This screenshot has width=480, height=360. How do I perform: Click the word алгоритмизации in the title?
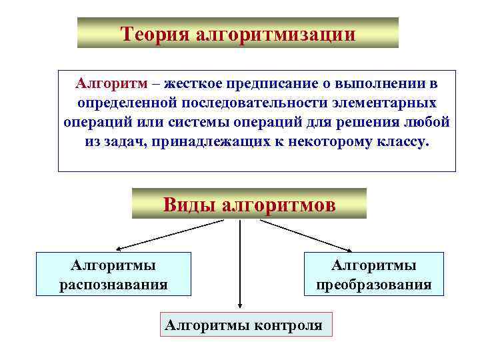(275, 33)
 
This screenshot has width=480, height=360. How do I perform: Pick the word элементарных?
(393, 104)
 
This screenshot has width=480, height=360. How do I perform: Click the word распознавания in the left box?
(113, 285)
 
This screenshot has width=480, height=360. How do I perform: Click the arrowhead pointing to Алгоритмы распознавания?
(115, 249)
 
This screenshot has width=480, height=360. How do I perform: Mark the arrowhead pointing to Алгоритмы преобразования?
(364, 249)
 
